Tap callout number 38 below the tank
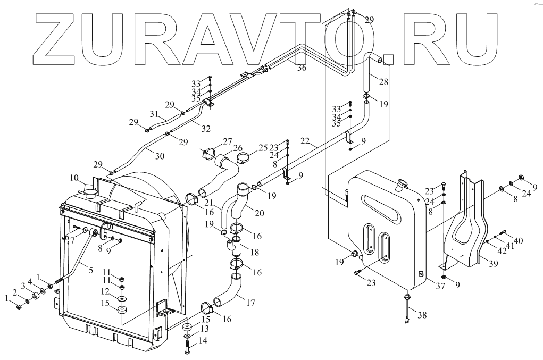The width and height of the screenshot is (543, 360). coord(422,315)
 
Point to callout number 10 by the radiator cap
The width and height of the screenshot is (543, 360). coord(73,177)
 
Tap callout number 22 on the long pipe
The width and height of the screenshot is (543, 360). coord(305,140)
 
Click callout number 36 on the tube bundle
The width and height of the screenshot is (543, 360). coord(302,68)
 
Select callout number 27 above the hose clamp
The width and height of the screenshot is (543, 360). coord(227,141)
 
